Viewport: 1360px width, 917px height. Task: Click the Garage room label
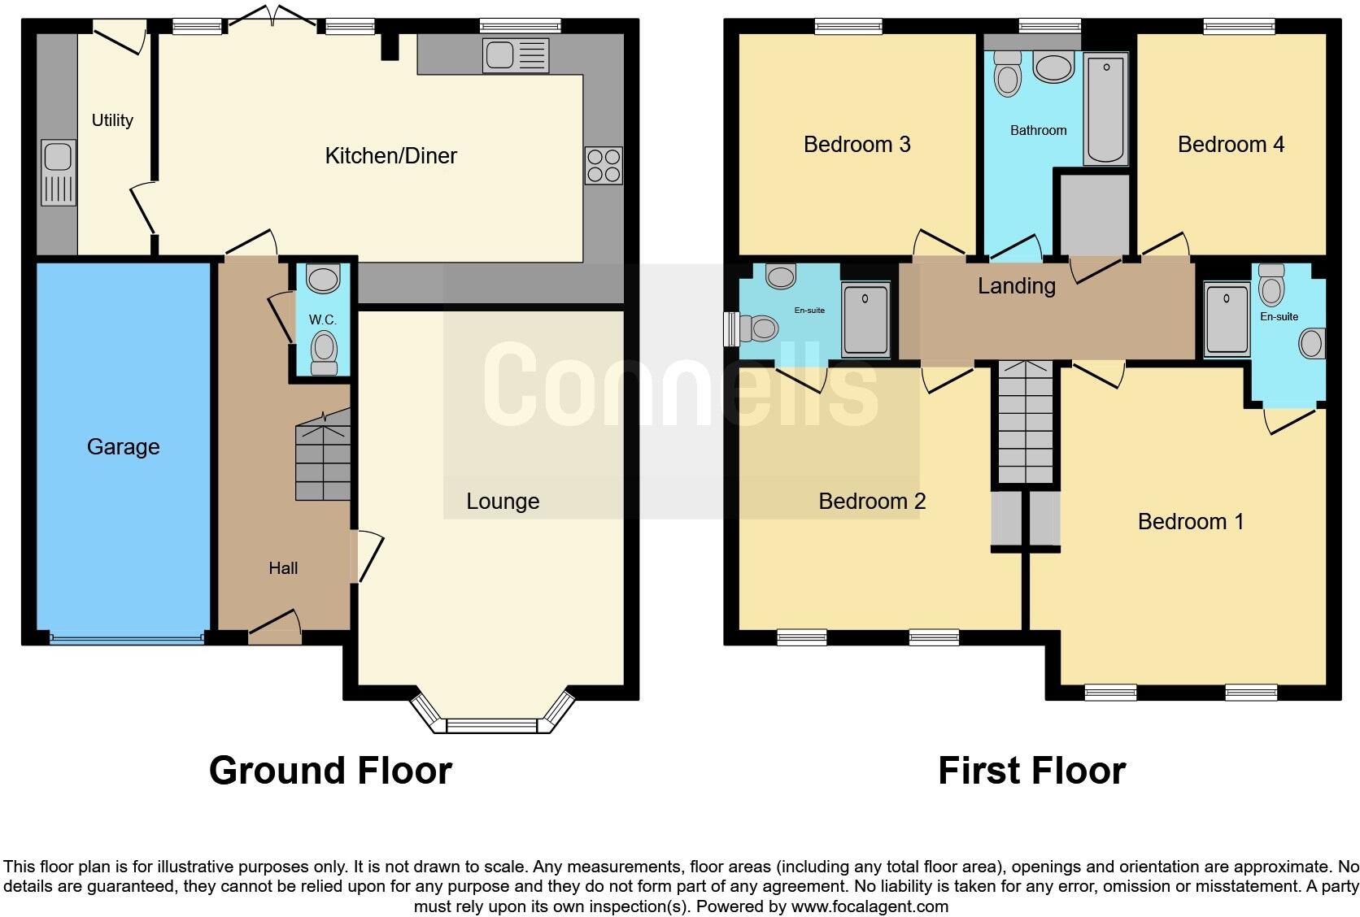pos(124,447)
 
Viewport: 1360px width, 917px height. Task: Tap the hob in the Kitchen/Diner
pos(604,166)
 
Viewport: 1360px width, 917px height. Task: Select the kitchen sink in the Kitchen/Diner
pos(516,56)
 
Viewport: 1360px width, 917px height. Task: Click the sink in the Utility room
pos(59,173)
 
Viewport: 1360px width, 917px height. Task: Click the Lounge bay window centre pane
pos(492,725)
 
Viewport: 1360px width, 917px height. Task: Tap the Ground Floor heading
pos(331,771)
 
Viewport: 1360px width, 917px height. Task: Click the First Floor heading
pos(1032,771)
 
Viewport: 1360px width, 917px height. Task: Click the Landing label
pos(1017,286)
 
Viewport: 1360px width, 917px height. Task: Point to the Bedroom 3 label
pos(857,145)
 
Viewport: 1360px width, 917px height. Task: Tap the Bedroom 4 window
pos(1239,26)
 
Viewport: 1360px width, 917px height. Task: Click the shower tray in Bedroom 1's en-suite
pos(1227,319)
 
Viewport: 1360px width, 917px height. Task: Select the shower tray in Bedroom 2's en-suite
pos(865,319)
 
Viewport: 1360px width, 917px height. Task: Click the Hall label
pos(283,568)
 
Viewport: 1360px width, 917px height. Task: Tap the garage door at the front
pos(126,638)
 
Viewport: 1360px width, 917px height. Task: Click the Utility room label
pos(112,120)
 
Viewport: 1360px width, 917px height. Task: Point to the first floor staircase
pos(1026,423)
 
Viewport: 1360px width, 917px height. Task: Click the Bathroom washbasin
pos(1053,67)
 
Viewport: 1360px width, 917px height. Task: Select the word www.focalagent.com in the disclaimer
pos(870,906)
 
